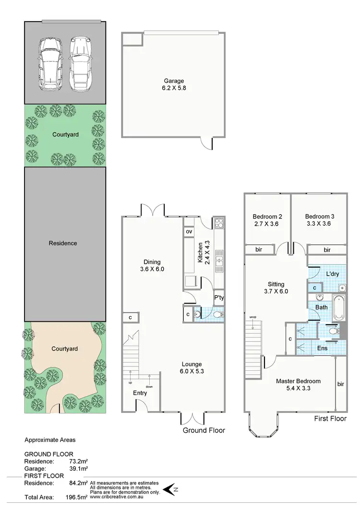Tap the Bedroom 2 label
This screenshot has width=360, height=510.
tap(267, 220)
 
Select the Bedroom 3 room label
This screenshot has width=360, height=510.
tap(320, 220)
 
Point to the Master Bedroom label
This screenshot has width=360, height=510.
tap(298, 385)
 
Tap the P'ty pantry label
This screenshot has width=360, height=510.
tap(219, 298)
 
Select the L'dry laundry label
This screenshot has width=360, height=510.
tap(333, 274)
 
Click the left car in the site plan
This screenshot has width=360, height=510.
tap(50, 63)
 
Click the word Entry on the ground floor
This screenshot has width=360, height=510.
tap(140, 393)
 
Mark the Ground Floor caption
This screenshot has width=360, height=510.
tap(204, 430)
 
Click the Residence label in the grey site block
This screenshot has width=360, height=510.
tap(63, 243)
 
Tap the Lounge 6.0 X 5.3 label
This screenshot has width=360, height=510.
tap(192, 368)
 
